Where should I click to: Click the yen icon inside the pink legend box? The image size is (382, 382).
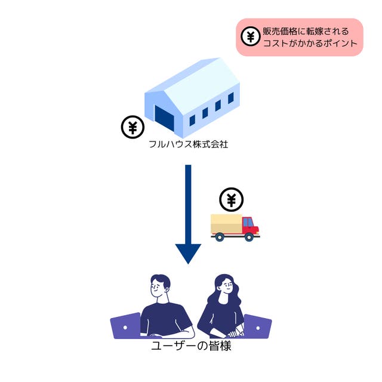tap(251, 37)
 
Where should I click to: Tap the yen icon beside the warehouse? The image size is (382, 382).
tap(133, 127)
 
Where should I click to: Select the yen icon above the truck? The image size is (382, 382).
tap(232, 199)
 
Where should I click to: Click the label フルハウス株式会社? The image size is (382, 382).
tap(189, 144)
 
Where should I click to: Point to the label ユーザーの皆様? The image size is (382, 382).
tap(190, 346)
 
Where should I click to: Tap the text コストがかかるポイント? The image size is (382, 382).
tap(310, 44)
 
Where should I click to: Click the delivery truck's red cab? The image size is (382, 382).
tap(249, 224)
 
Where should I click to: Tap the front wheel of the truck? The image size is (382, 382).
tap(249, 237)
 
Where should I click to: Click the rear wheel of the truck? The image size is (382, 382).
tap(220, 237)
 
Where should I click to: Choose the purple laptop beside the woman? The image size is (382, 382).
tap(257, 326)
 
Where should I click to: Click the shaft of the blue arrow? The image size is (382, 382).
tap(189, 203)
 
